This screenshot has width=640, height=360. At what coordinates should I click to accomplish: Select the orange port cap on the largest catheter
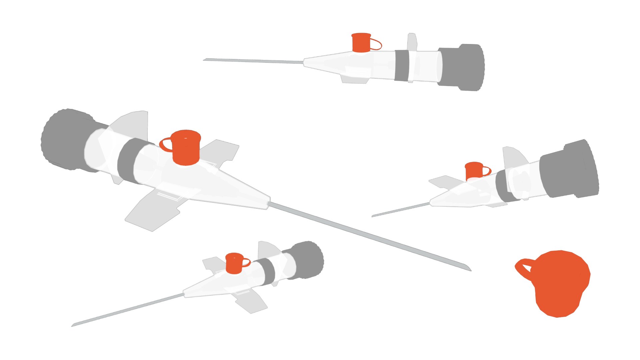pyautogui.click(x=186, y=148)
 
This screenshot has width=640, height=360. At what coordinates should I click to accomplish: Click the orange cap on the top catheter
pyautogui.click(x=361, y=43)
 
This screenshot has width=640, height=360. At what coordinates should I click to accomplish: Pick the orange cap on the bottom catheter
pyautogui.click(x=234, y=263)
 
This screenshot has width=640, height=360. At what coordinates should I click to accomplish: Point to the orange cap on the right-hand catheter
pyautogui.click(x=473, y=171)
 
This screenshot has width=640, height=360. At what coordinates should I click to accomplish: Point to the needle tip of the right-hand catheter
pyautogui.click(x=373, y=216)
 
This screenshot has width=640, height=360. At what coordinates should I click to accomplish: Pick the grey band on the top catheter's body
pyautogui.click(x=402, y=66)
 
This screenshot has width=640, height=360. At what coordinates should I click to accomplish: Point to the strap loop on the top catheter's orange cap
pyautogui.click(x=377, y=45)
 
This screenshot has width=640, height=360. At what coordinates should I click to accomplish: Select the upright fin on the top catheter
pyautogui.click(x=412, y=42)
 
